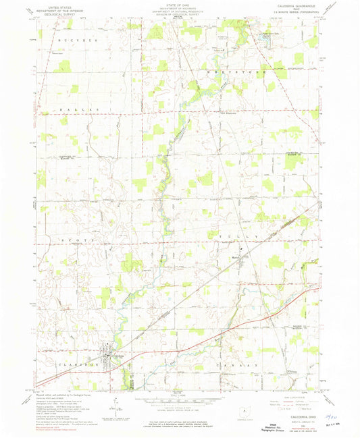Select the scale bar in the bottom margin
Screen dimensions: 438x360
[180, 402]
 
